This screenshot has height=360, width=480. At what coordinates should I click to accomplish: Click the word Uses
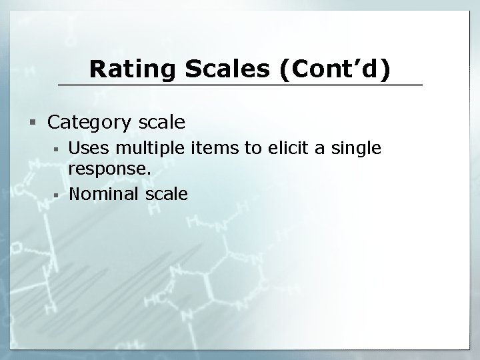87,148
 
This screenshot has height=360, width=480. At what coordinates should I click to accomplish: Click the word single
357,148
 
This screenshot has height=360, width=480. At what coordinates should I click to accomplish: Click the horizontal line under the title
240,85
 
